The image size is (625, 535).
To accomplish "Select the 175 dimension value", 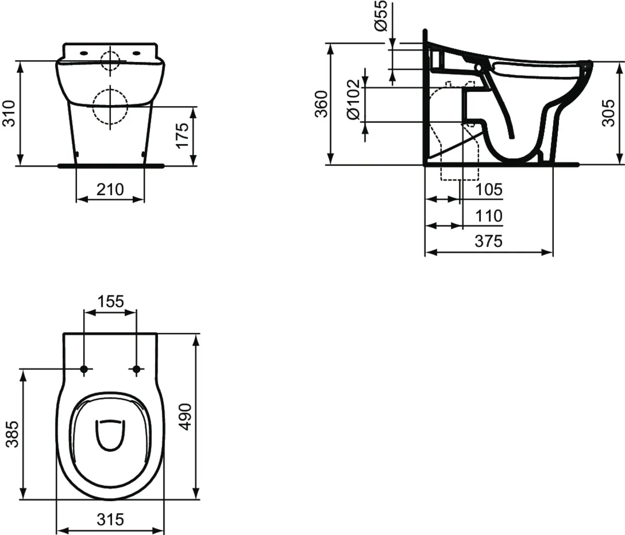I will click(182, 135).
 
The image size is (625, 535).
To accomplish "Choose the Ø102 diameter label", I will click(353, 100).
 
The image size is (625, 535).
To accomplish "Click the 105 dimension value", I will click(488, 190).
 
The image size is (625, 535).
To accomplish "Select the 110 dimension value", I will click(488, 215).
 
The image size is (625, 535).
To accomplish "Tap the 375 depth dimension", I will click(488, 241).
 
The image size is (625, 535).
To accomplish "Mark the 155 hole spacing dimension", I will click(110, 301).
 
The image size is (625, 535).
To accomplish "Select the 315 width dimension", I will click(110, 519).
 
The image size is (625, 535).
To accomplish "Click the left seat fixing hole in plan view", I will click(84, 369).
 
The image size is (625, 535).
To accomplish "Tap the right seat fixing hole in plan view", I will click(137, 369).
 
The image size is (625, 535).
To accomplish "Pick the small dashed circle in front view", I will click(110, 61).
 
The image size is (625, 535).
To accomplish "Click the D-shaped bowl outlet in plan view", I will click(110, 433).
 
